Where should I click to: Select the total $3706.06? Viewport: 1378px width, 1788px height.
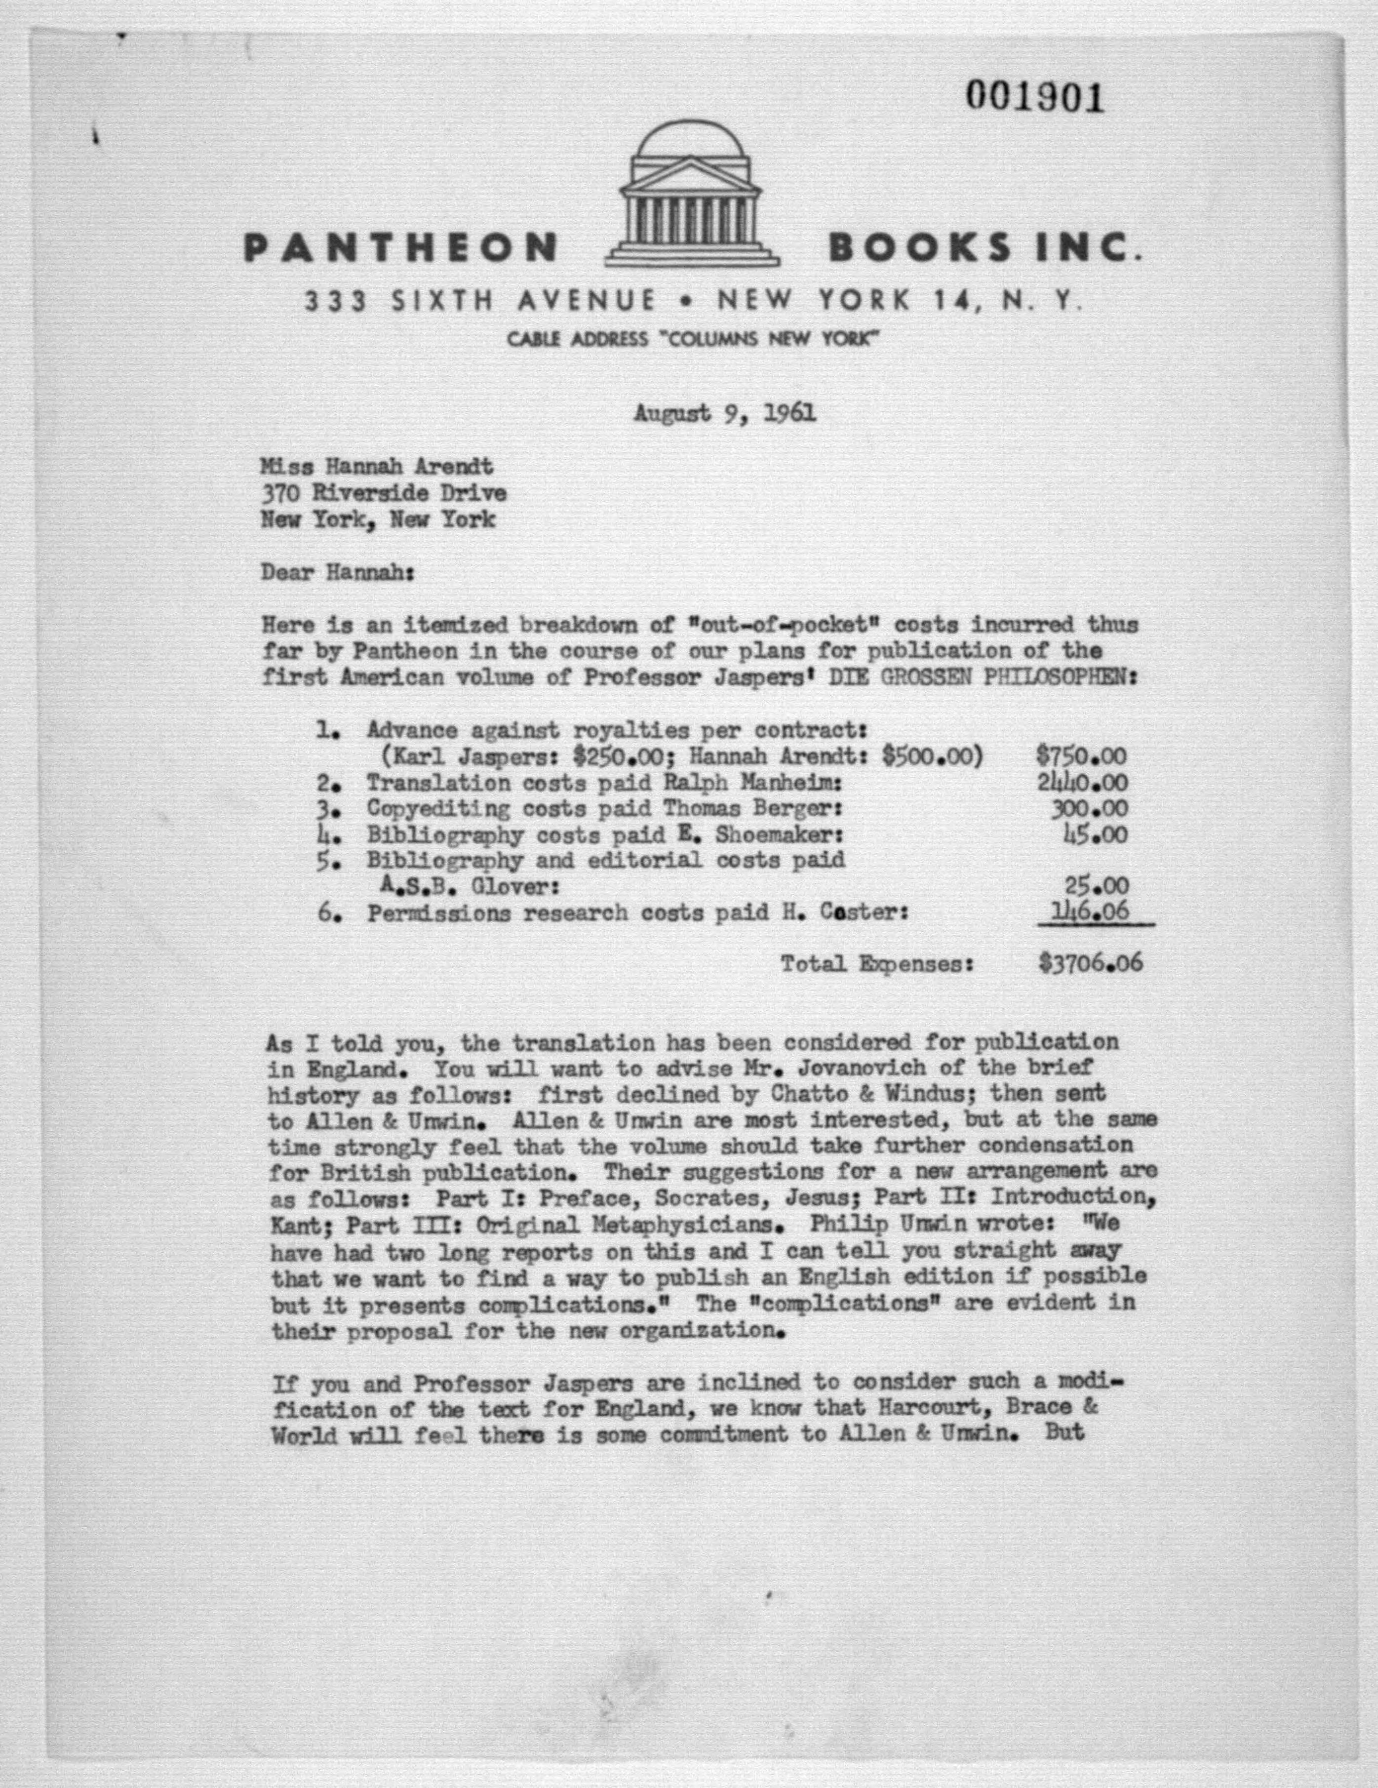pos(1090,963)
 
